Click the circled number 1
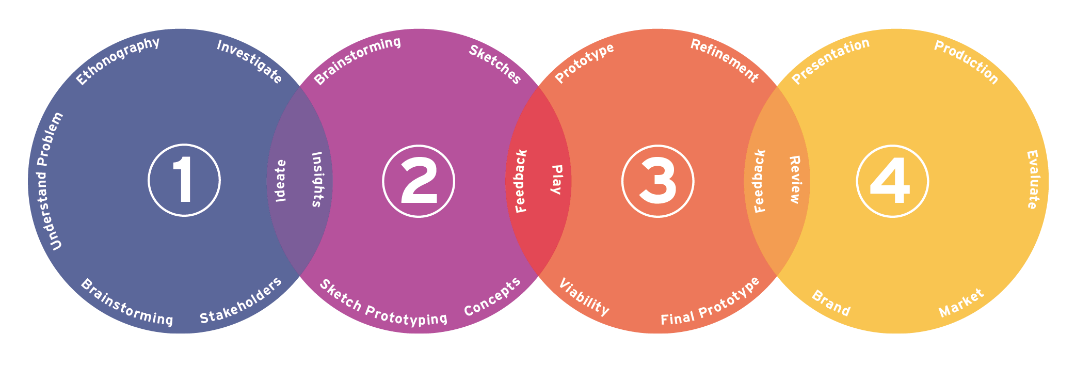[184, 181]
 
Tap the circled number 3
[658, 181]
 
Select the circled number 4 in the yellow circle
[892, 181]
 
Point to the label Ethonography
[118, 61]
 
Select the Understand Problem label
[50, 181]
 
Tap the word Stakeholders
[241, 300]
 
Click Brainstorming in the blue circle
[127, 303]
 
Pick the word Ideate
[280, 181]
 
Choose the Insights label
[317, 179]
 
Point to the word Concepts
[492, 297]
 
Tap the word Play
[556, 180]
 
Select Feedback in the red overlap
[521, 181]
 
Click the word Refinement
[725, 60]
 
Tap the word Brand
[831, 304]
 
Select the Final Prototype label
[711, 301]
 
